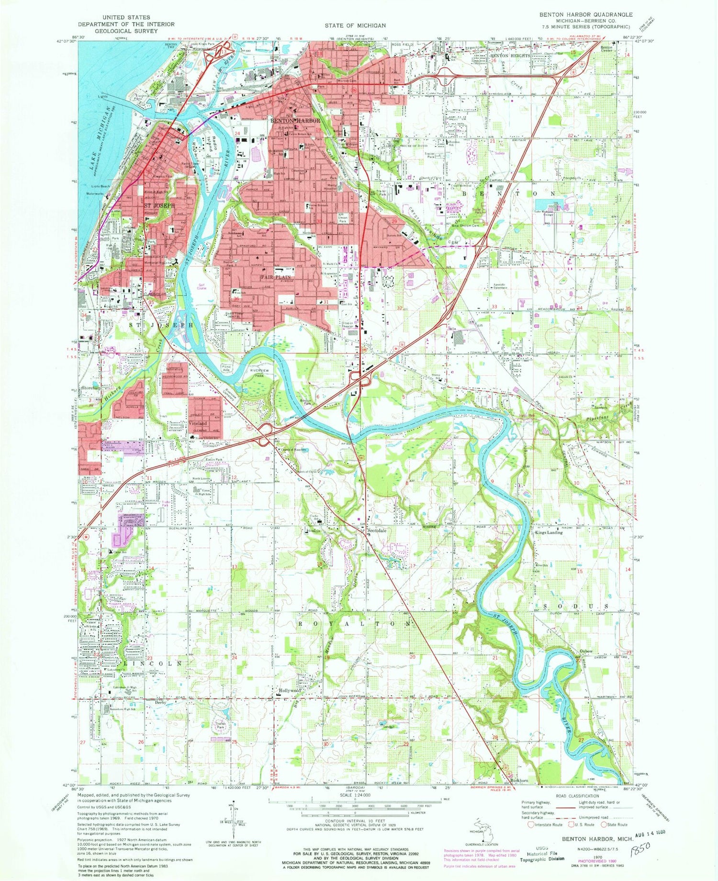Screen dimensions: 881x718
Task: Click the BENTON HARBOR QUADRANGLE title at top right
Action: tap(586, 15)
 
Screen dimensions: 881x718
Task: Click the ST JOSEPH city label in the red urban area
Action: tap(159, 205)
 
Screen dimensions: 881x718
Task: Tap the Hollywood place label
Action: tap(290, 691)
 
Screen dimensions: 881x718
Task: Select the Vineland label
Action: tap(197, 423)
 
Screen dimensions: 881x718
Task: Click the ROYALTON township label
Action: tap(355, 624)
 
